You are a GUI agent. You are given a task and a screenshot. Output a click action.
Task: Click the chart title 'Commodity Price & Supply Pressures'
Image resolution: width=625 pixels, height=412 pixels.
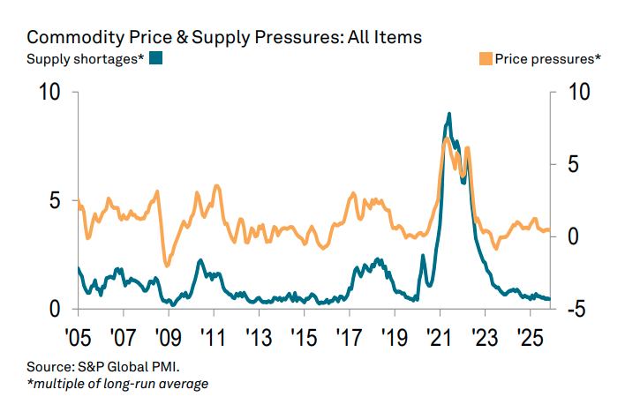224,37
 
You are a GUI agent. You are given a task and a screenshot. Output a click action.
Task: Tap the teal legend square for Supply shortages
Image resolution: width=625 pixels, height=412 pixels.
157,59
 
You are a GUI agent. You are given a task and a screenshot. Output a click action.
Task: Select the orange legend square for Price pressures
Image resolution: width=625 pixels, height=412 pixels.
486,59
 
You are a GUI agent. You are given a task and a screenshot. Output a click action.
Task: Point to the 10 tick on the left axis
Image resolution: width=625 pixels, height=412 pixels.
51,93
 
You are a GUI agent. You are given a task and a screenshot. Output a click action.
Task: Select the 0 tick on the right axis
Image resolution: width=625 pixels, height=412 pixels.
573,236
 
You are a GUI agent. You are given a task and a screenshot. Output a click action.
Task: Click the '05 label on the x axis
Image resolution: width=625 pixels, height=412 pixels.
79,338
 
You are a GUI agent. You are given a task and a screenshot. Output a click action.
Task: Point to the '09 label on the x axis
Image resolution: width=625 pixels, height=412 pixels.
167,338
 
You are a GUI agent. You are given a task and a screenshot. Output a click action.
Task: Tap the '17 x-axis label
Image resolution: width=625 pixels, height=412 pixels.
349,338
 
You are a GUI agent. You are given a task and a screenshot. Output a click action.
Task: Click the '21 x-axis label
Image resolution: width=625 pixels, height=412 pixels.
440,338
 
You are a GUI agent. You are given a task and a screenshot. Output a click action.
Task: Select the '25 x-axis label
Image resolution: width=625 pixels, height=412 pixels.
530,338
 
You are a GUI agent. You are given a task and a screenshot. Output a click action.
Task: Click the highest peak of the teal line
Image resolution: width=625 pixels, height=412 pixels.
449,114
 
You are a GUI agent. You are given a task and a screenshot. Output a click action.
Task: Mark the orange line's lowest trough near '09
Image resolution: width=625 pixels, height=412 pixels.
167,265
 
